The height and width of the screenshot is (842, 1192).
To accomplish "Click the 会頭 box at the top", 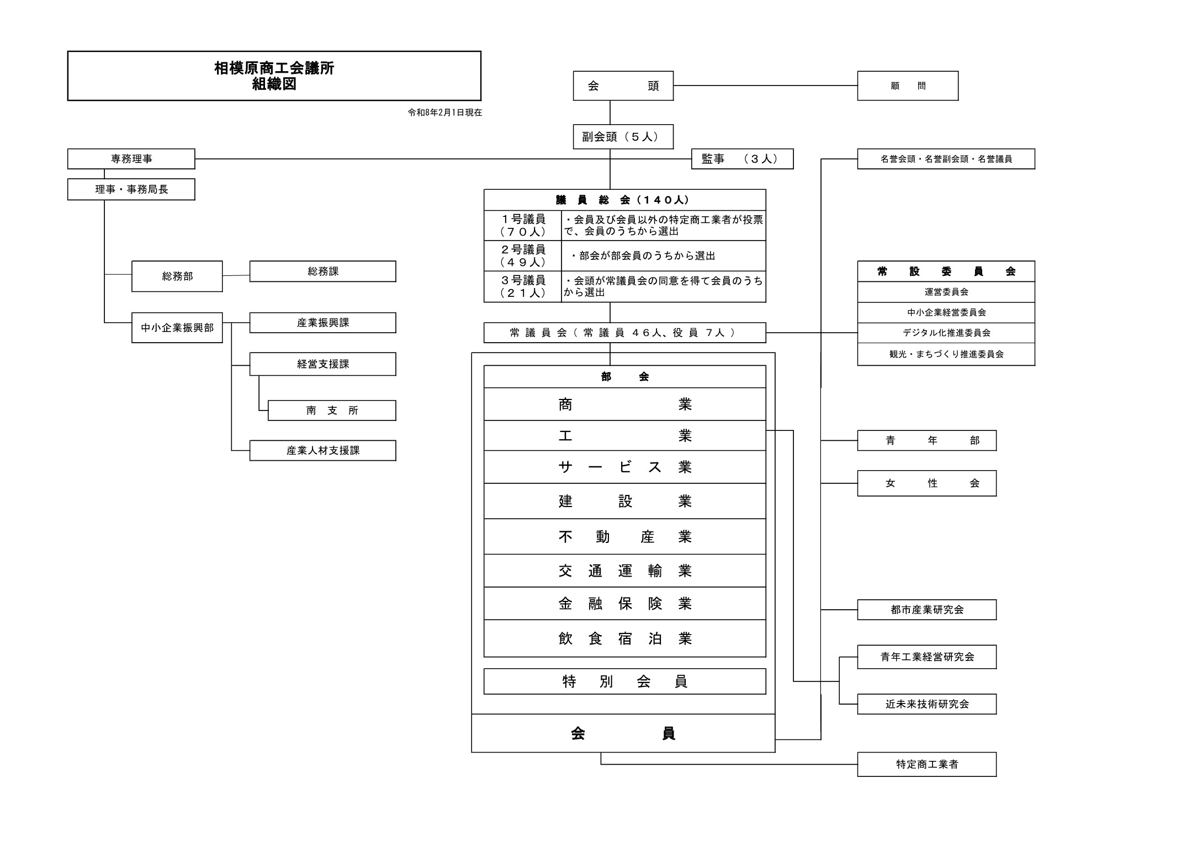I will click(623, 86).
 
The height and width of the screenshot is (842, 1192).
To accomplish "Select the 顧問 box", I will click(907, 86).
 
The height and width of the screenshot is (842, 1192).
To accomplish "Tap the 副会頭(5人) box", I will click(623, 137).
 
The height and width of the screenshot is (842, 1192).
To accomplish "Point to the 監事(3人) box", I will click(742, 159).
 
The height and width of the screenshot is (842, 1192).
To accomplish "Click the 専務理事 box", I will click(131, 159).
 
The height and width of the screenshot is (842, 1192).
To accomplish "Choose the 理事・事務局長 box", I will click(131, 189).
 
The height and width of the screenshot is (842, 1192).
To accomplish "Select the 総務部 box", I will click(177, 276).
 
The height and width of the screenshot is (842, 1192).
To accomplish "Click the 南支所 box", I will click(332, 411).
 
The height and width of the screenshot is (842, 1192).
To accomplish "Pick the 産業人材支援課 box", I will click(322, 451).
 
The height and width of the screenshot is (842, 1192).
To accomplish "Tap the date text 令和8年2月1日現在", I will click(444, 113).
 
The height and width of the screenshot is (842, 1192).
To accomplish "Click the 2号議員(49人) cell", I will click(523, 256).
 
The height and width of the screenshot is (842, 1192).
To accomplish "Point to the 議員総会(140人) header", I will click(624, 200).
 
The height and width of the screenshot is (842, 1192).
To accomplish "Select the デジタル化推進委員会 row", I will click(946, 333).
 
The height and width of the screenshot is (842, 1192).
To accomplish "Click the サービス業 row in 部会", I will click(624, 467).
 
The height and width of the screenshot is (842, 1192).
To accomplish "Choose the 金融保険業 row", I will click(624, 604).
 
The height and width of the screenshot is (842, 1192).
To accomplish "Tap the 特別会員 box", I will click(624, 681).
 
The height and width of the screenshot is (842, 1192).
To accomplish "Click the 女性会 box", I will click(926, 483).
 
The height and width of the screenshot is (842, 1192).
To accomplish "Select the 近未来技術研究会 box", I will click(926, 704).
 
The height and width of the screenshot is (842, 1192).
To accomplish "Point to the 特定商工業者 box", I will click(926, 764).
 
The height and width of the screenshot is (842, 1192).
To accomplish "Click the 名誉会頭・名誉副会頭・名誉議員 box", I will click(946, 159).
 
